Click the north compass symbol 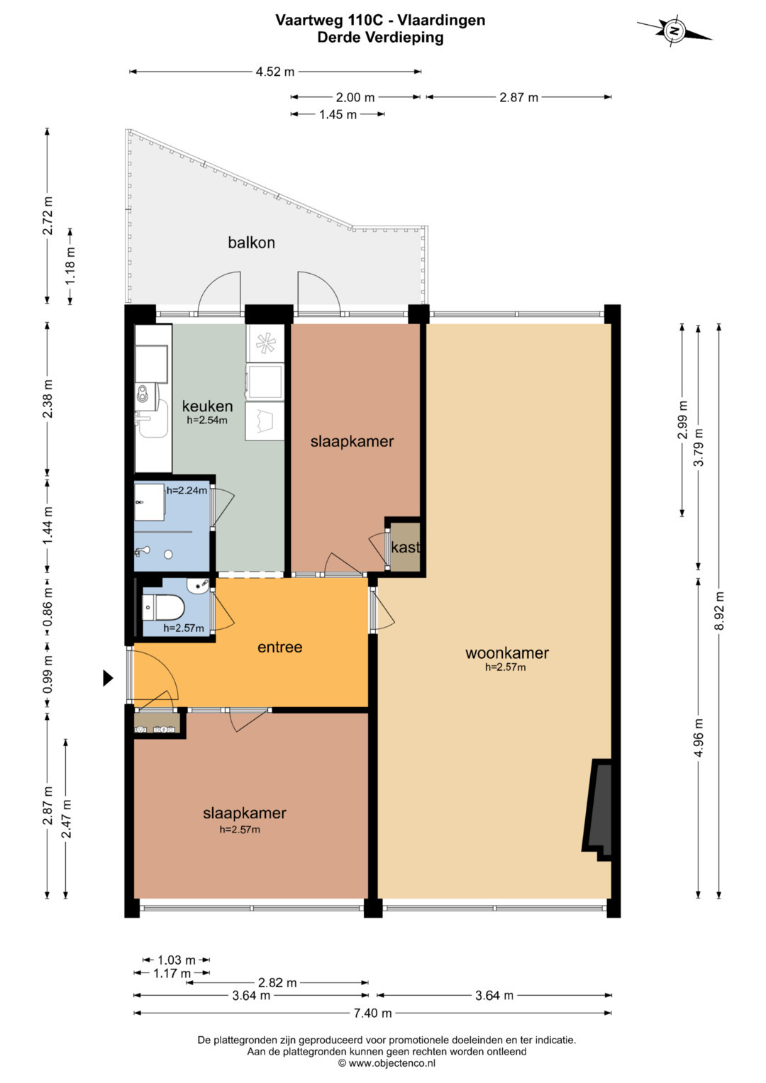[674, 31]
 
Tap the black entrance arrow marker [108, 678]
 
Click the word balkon [252, 243]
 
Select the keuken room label [207, 406]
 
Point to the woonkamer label [507, 652]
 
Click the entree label [280, 647]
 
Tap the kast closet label [405, 548]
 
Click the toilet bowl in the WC [163, 607]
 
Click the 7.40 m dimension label [372, 1013]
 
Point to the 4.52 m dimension [275, 72]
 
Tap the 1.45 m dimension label [338, 115]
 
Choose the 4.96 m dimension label [699, 738]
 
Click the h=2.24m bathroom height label [187, 490]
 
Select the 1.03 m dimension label [177, 960]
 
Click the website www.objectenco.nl [387, 1062]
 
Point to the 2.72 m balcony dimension [48, 216]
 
